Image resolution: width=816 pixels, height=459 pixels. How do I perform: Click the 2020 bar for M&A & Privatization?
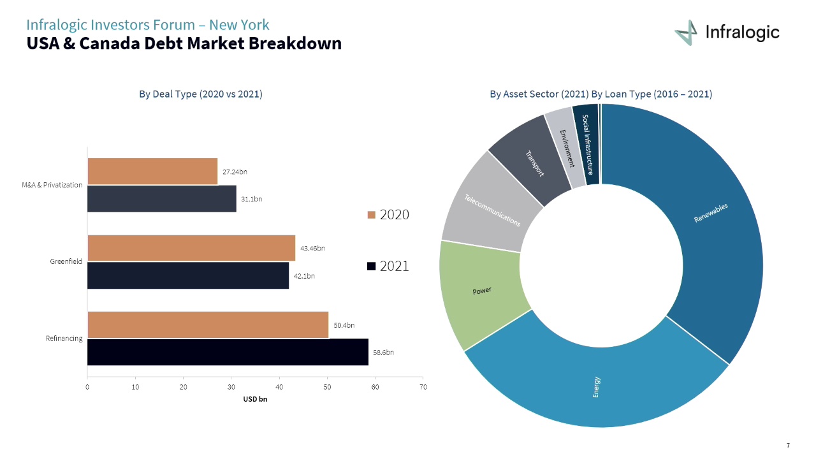(152, 171)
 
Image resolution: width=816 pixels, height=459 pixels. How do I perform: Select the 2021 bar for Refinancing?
(228, 352)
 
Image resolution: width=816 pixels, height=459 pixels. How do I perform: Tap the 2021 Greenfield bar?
(188, 275)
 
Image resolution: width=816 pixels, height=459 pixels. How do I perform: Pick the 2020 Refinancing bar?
(208, 324)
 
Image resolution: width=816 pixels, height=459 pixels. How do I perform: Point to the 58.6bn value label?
(383, 353)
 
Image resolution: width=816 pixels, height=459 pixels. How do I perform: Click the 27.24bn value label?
(235, 172)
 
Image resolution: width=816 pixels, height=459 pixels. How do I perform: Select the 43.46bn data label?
(312, 248)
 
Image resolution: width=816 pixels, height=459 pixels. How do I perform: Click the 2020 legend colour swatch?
(371, 215)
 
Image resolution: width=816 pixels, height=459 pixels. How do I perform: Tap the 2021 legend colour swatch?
(371, 266)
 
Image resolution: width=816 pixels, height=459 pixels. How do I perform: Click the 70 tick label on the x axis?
(423, 387)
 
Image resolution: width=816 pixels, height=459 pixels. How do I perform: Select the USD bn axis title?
(255, 400)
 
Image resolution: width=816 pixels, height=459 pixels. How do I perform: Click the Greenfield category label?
(66, 261)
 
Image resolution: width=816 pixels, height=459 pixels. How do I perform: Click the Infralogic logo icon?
(687, 33)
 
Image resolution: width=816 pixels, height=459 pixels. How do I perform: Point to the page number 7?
(788, 445)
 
